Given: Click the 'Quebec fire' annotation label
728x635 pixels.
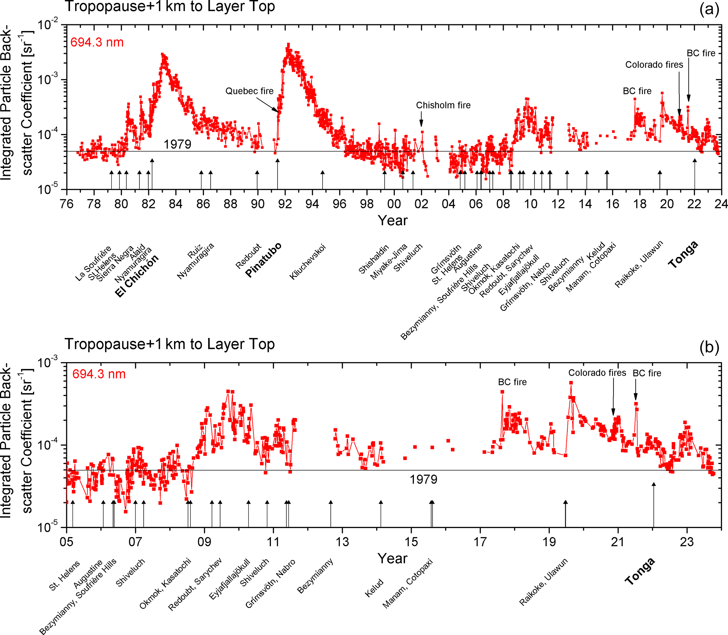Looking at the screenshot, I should pyautogui.click(x=249, y=91).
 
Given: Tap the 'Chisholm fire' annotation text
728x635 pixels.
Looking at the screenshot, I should pyautogui.click(x=443, y=105).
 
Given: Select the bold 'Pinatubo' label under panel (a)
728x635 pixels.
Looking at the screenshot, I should pyautogui.click(x=263, y=259).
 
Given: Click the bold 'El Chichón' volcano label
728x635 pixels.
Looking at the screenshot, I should pyautogui.click(x=137, y=276).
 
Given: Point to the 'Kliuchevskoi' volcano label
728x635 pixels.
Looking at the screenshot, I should pyautogui.click(x=307, y=262).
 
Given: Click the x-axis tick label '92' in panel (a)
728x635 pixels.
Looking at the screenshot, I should pyautogui.click(x=285, y=204).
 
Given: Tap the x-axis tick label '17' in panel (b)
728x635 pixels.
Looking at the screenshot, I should pyautogui.click(x=480, y=542).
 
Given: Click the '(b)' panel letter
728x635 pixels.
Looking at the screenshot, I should pyautogui.click(x=709, y=347).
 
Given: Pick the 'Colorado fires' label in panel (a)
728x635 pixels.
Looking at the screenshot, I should pyautogui.click(x=654, y=65).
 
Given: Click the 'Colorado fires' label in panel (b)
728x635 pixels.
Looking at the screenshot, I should pyautogui.click(x=597, y=373).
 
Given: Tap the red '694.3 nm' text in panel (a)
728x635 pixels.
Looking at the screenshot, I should pyautogui.click(x=97, y=43).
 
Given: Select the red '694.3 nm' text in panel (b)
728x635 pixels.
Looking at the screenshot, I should pyautogui.click(x=99, y=374).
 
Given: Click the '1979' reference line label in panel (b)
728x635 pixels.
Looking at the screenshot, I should pyautogui.click(x=423, y=479).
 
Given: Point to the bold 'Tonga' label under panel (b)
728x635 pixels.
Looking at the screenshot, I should pyautogui.click(x=640, y=571).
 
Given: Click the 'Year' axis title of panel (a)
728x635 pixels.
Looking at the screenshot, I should pyautogui.click(x=393, y=220).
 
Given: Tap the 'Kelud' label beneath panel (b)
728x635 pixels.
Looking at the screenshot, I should pyautogui.click(x=374, y=588).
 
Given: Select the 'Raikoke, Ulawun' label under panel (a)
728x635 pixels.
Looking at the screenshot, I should pyautogui.click(x=639, y=264).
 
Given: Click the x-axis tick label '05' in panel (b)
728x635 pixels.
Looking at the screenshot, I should pyautogui.click(x=67, y=542).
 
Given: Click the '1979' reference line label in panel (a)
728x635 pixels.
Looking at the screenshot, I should pyautogui.click(x=177, y=144).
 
